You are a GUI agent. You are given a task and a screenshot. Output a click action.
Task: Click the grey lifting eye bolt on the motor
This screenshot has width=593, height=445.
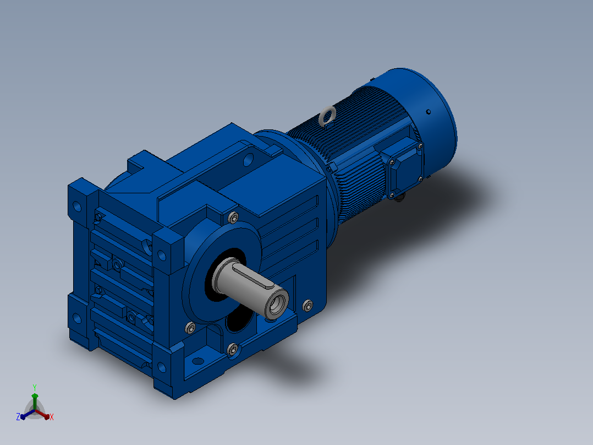(x=327, y=115)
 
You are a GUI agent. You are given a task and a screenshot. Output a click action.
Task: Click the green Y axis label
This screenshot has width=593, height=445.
(x=35, y=387)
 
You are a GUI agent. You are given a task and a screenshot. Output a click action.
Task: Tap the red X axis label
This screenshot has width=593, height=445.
(x=52, y=417)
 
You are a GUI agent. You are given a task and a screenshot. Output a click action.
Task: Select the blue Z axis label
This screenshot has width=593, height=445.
(x=18, y=417)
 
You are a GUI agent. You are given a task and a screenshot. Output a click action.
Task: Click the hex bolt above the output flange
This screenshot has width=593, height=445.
(x=233, y=218)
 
